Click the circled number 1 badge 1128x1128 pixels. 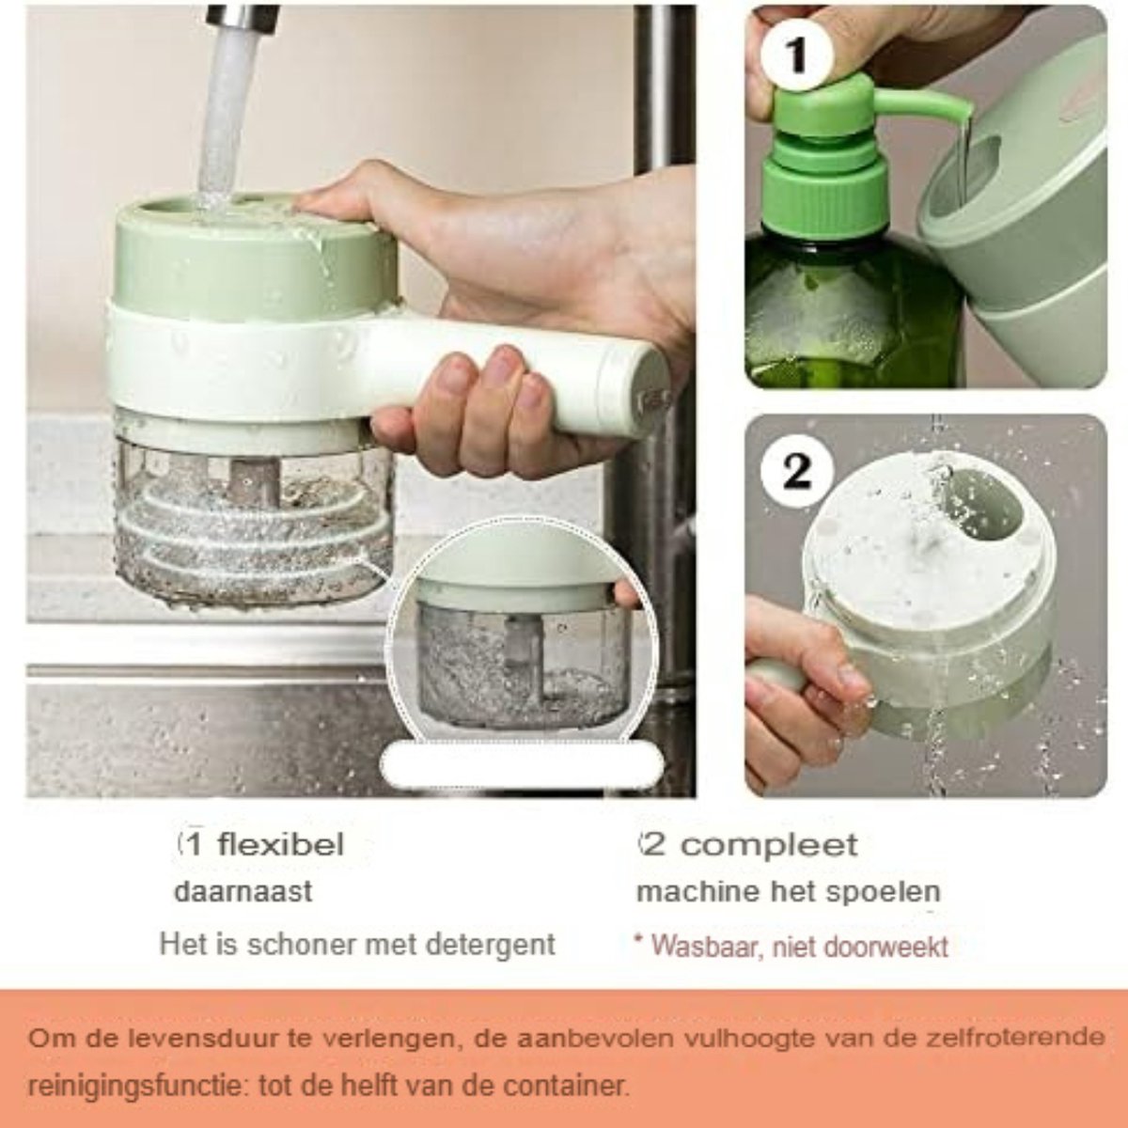pos(797,55)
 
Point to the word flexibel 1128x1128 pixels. pos(280,845)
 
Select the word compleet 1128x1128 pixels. pos(769,845)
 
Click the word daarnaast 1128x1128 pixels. pos(243,892)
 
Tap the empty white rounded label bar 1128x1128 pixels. pos(522,762)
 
